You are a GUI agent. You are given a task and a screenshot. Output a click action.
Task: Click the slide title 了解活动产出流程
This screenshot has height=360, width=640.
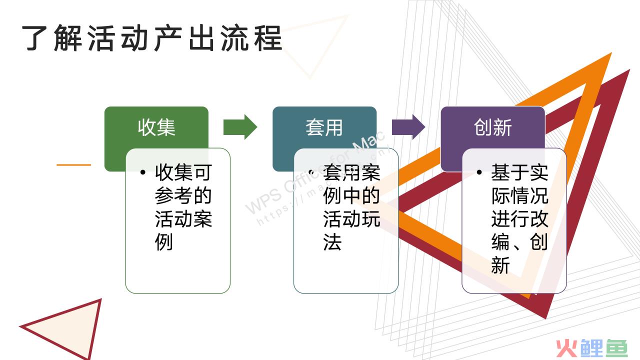(x=152, y=38)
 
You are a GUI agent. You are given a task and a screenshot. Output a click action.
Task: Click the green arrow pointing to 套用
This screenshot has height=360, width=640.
(x=240, y=127)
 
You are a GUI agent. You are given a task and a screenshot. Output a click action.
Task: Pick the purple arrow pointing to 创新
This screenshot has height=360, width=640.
(x=408, y=127)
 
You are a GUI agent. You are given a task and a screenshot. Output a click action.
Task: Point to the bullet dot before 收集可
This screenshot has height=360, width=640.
(x=143, y=172)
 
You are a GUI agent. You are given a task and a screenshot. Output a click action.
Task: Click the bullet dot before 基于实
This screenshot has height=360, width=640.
(x=479, y=172)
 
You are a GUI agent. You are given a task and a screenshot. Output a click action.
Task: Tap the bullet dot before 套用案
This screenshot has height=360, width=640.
(x=311, y=172)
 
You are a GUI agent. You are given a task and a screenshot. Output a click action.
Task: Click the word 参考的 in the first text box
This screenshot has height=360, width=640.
(x=183, y=195)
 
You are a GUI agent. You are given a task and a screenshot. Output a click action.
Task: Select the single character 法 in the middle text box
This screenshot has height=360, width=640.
(x=332, y=242)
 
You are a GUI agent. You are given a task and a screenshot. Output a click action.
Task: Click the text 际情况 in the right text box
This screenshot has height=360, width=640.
(x=519, y=195)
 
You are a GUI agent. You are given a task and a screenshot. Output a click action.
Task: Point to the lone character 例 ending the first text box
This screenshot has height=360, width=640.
(x=164, y=242)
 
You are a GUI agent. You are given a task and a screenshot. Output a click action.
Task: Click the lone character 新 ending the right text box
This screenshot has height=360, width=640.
(x=500, y=265)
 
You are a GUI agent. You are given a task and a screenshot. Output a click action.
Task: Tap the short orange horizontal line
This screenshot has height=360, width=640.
(x=73, y=165)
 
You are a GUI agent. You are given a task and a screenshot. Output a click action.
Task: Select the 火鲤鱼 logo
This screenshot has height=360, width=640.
(x=591, y=348)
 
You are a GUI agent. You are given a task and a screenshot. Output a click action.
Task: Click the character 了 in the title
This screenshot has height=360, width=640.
(x=34, y=38)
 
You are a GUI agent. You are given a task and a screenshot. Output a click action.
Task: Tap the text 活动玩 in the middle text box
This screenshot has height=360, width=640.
(x=351, y=219)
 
